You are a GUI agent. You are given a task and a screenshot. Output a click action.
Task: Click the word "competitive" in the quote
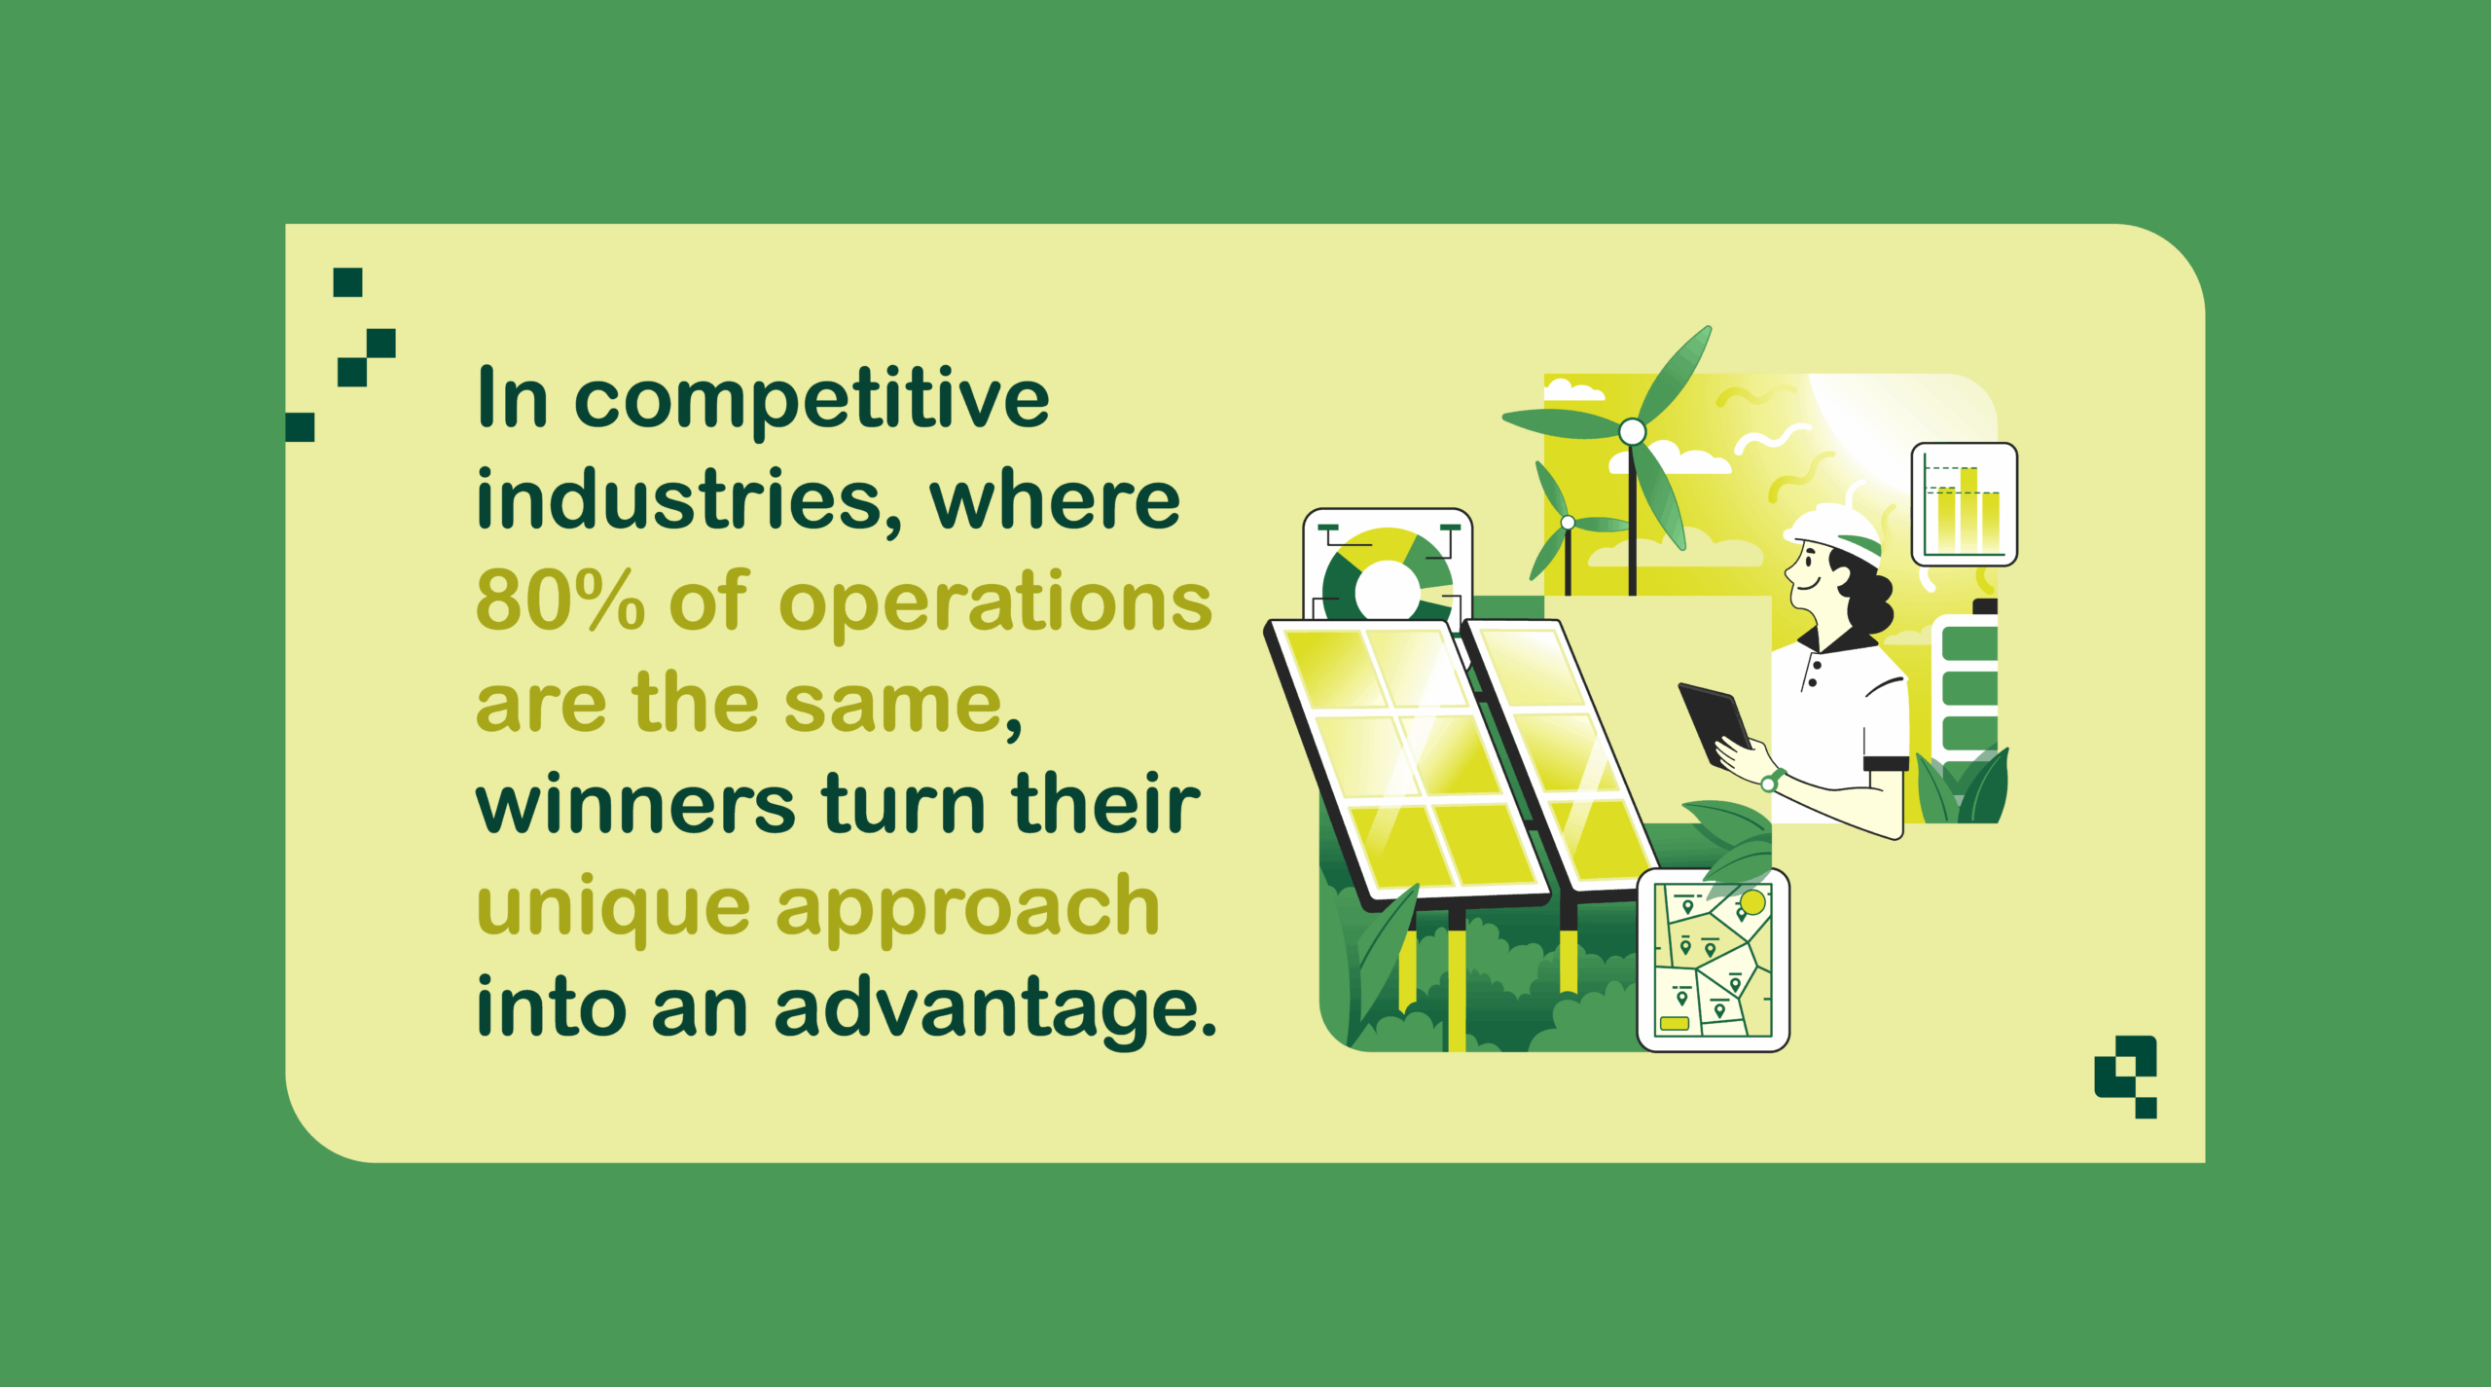click(812, 400)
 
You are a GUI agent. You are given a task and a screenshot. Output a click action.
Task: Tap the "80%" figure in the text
click(560, 600)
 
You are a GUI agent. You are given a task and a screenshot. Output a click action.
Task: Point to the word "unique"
click(613, 908)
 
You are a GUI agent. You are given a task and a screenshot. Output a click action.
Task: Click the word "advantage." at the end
click(995, 1008)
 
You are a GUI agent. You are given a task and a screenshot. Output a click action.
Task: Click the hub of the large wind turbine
click(1633, 431)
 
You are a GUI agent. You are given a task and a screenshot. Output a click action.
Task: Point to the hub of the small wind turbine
click(1568, 523)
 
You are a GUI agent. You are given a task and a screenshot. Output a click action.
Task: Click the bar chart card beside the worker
click(1965, 504)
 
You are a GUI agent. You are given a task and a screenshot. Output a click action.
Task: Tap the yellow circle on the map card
click(1752, 902)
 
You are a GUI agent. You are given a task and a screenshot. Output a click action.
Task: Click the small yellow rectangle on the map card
click(1674, 1023)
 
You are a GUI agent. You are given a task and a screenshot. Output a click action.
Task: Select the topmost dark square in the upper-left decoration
click(347, 282)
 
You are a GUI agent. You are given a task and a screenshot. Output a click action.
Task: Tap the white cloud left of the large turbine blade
click(1573, 390)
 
